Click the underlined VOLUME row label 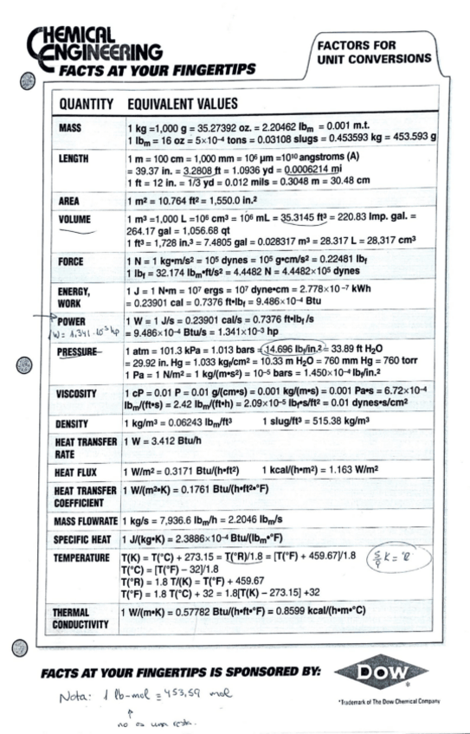click(x=75, y=219)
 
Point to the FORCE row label click(x=72, y=261)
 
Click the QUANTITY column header click(x=87, y=104)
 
